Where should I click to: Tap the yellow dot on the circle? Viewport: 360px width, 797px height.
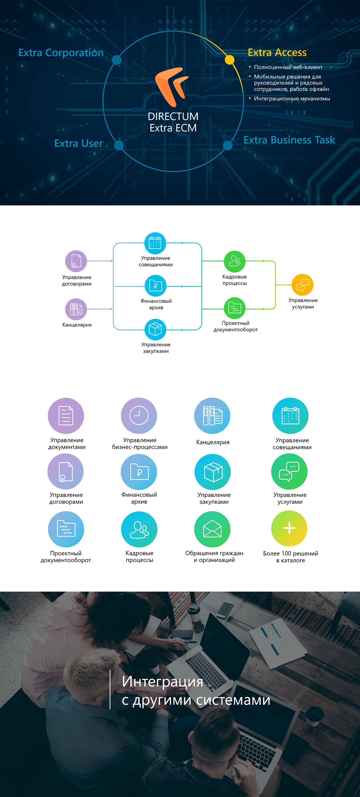(x=229, y=60)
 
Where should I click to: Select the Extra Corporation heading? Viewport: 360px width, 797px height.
(x=61, y=53)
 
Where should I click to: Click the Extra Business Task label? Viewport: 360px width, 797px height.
(x=289, y=140)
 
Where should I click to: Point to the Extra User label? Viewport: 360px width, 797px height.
(x=79, y=143)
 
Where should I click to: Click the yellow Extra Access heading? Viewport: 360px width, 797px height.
(x=277, y=53)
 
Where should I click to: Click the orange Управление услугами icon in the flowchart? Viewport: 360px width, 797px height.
(x=302, y=285)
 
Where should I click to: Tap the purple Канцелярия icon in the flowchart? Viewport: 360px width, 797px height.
(x=76, y=309)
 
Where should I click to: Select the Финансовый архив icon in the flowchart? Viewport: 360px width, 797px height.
(x=156, y=286)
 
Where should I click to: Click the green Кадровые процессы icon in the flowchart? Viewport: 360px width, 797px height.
(x=235, y=261)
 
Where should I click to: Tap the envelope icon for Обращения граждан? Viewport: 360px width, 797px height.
(x=212, y=529)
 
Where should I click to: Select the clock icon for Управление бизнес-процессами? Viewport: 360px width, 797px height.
(x=139, y=415)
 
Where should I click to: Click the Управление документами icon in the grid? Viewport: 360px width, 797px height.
(x=66, y=416)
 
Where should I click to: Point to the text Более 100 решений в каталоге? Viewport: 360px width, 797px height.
(x=291, y=557)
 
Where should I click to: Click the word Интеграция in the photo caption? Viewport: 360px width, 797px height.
(x=162, y=682)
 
